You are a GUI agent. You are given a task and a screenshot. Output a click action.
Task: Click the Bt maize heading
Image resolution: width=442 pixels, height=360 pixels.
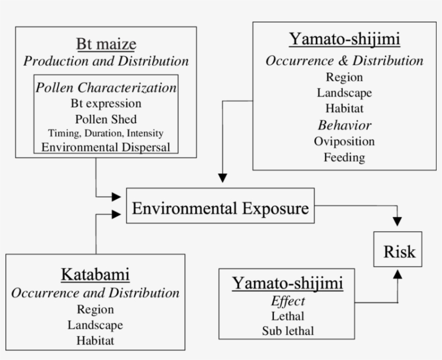tap(106, 44)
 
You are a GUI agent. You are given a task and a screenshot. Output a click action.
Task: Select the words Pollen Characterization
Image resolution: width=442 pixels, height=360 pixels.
tap(106, 87)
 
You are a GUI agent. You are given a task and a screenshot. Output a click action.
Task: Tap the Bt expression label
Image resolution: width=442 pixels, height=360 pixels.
tap(106, 103)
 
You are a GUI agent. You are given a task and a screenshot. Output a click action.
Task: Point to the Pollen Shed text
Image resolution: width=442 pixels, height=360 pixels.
tap(106, 119)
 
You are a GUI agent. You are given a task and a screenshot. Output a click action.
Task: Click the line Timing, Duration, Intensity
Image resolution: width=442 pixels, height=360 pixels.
tap(106, 133)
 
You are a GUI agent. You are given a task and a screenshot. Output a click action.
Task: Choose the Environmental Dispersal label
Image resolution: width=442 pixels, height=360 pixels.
tap(106, 146)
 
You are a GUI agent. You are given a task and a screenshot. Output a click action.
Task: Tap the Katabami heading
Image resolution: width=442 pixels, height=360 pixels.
tap(95, 275)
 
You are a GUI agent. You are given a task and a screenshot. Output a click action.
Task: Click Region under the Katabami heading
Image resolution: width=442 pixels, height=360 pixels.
tap(95, 309)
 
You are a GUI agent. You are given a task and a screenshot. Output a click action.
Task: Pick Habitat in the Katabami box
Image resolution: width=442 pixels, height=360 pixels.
tap(95, 340)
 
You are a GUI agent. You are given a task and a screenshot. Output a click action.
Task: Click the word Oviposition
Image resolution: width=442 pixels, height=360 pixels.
tap(344, 141)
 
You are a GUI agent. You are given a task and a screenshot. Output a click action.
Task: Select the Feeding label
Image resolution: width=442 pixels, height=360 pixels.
tap(344, 157)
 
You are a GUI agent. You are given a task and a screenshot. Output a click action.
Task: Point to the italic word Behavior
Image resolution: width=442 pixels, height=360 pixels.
tap(344, 126)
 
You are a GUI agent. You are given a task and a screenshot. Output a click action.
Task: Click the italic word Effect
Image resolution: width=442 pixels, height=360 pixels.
tap(288, 301)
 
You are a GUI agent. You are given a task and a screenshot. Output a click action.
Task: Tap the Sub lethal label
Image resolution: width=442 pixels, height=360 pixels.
tap(288, 330)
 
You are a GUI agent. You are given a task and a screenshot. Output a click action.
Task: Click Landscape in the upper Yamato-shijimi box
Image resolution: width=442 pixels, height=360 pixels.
tap(344, 93)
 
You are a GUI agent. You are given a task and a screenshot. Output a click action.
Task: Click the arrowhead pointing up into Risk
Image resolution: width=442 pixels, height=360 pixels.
tap(397, 274)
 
